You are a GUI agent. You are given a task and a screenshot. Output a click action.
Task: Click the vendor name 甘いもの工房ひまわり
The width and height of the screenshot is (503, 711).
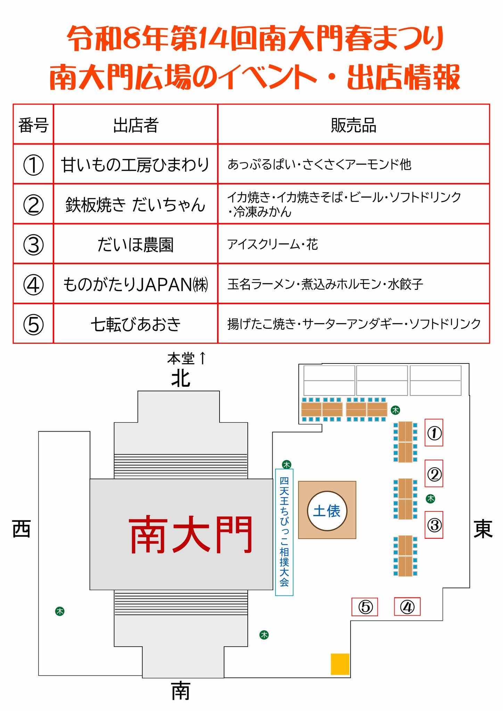coord(135,165)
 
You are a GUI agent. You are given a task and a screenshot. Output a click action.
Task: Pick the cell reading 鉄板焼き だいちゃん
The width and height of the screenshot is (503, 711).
coord(135,204)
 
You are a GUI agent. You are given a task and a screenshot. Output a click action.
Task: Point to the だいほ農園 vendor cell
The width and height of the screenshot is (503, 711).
coord(135,244)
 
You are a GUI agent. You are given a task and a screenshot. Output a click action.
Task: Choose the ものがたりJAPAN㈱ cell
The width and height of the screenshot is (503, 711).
coord(135,284)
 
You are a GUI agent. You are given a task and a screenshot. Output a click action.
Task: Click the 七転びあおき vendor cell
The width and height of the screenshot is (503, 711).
coord(135,324)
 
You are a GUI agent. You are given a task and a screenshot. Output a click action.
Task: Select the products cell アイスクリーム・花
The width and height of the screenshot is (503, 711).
coord(273,244)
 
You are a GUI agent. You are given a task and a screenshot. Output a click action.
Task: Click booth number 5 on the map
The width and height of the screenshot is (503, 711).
coord(365,607)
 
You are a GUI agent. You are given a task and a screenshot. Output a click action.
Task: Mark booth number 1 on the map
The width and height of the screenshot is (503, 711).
coord(434,433)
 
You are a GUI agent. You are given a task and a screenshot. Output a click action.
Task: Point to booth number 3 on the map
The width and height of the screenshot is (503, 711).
coord(434,525)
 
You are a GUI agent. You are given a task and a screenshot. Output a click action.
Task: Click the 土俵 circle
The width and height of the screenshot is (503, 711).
coord(327,511)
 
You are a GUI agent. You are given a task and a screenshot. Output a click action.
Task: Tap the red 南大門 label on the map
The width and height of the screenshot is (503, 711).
coord(190,534)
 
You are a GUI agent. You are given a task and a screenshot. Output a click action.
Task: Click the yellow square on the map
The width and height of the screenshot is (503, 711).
coord(340,664)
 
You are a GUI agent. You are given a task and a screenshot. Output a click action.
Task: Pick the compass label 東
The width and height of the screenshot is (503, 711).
coord(483,530)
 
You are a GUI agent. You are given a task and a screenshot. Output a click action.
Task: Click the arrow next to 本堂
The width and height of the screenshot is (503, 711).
coord(203,358)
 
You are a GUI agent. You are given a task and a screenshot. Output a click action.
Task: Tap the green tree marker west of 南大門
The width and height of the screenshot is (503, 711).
coord(60,611)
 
